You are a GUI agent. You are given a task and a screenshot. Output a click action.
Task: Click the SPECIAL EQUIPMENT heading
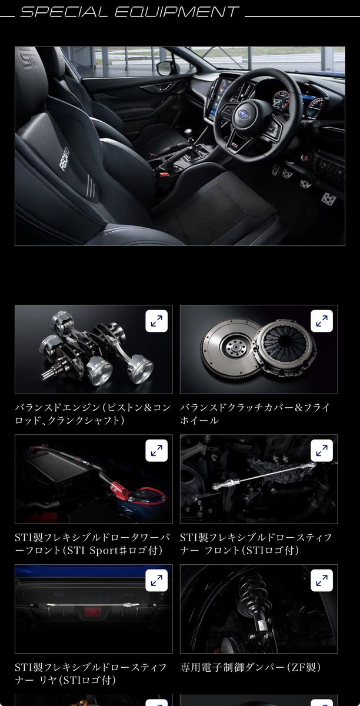(x=129, y=12)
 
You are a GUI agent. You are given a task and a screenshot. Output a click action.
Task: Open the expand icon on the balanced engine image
(x=156, y=321)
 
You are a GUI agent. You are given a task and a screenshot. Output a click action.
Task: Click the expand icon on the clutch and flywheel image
(x=322, y=321)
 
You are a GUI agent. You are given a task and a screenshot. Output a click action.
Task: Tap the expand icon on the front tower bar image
(x=156, y=451)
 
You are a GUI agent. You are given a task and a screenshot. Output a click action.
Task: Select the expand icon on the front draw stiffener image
(x=322, y=451)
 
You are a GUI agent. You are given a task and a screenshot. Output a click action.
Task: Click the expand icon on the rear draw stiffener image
(x=156, y=581)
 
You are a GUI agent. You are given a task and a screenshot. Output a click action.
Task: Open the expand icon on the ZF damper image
(x=322, y=581)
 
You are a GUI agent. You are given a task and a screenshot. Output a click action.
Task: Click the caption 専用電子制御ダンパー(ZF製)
(x=250, y=667)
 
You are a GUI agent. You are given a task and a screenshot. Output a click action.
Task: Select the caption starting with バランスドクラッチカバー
(x=255, y=414)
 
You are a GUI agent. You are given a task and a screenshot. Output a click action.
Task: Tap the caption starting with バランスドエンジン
(x=93, y=414)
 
